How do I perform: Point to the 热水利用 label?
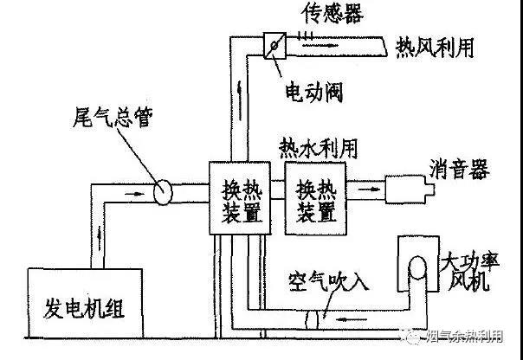pos(320,145)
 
